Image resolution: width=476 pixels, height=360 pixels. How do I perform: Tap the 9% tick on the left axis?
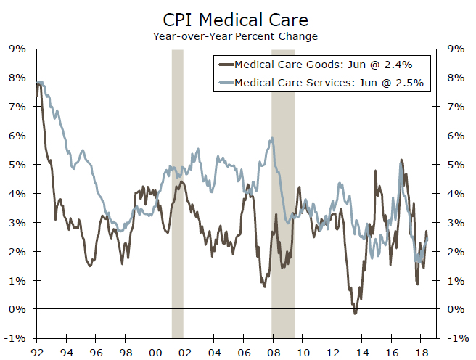point(17,49)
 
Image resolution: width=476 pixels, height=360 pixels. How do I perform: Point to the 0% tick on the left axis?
point(17,309)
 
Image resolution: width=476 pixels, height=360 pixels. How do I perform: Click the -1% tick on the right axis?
point(457,338)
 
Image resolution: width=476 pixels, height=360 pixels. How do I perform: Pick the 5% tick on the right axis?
point(459,165)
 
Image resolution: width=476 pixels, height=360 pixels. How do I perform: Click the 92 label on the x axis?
point(36,352)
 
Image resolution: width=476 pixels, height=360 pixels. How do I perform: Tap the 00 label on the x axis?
point(154,352)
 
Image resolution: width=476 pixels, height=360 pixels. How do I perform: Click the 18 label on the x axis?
point(419,352)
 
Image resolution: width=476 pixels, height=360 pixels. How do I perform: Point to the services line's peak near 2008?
point(271,139)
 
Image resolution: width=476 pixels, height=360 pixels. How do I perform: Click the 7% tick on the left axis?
point(17,107)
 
